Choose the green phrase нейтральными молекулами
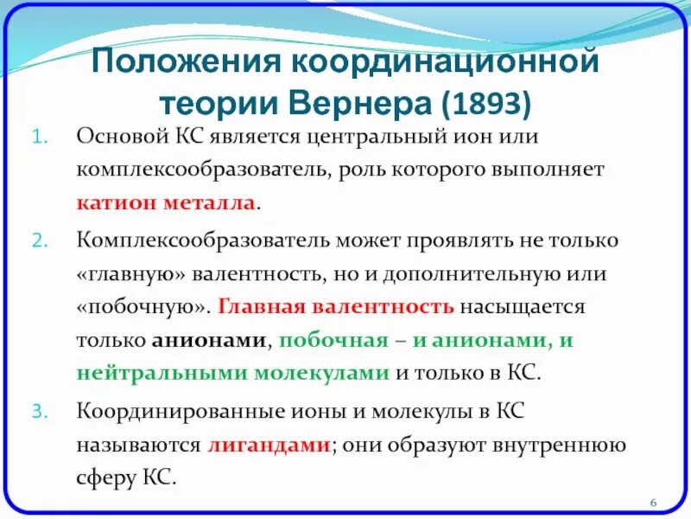(x=233, y=374)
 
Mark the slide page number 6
(x=653, y=503)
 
